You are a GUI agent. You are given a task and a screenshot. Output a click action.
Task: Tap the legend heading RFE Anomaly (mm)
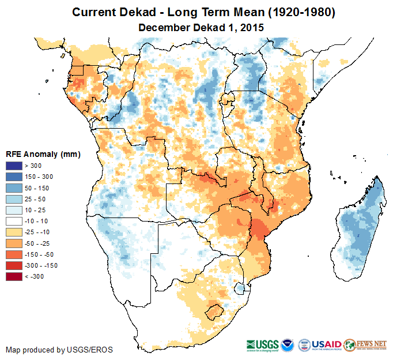coord(43,155)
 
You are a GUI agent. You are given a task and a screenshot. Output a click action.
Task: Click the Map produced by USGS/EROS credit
coord(59,350)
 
